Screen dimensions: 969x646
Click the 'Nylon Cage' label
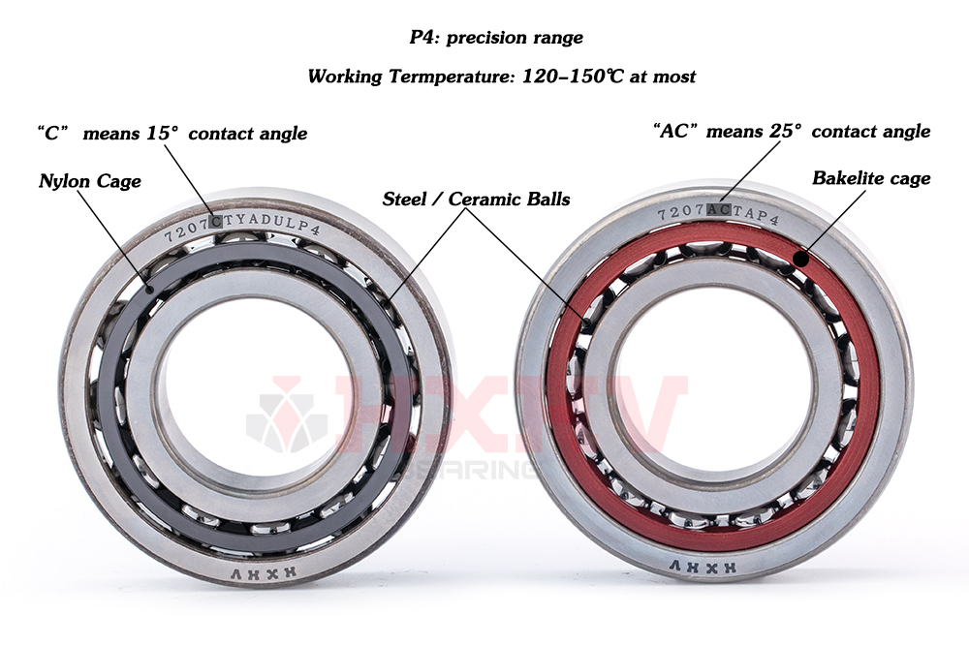click(89, 181)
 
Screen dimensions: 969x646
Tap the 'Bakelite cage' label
click(871, 178)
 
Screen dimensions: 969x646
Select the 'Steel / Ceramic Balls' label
click(476, 199)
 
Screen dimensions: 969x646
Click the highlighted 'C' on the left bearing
click(216, 222)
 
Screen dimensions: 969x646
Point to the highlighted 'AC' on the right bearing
click(718, 210)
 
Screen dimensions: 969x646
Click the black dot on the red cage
click(800, 259)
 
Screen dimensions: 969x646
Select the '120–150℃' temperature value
click(574, 77)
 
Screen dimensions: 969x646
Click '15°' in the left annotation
click(163, 133)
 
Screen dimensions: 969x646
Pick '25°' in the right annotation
click(786, 131)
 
